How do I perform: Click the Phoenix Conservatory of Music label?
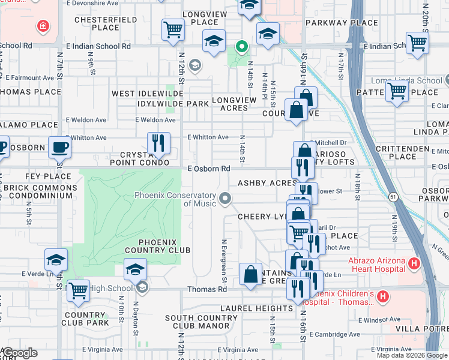point(175,199)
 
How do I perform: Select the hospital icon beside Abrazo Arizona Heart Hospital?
point(414,263)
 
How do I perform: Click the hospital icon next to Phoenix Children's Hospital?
point(384,296)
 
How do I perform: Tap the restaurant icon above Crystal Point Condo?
point(158,143)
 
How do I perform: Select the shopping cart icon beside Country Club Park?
point(78,290)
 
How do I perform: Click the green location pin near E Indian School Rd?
point(242,46)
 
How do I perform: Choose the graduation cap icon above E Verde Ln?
point(56,259)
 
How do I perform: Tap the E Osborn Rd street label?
point(209,169)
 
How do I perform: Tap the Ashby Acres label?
point(267,183)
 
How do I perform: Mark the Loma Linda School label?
point(414,81)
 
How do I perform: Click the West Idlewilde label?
point(147,94)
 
